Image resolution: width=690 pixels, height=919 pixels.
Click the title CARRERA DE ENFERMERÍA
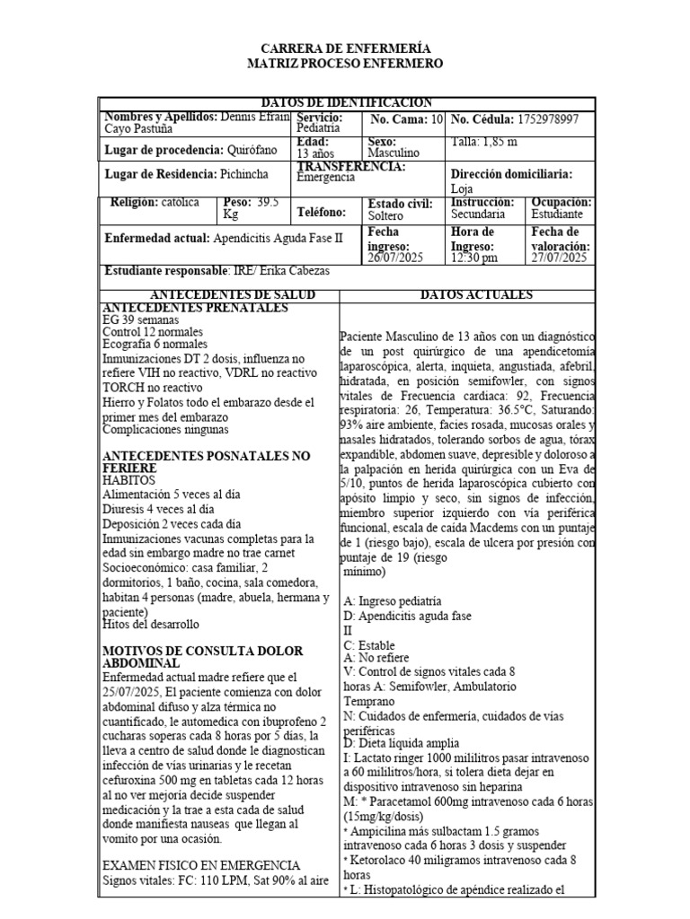345,48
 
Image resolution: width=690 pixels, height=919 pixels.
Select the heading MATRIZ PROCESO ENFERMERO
345,64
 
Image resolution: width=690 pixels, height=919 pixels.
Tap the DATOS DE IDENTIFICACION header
346,103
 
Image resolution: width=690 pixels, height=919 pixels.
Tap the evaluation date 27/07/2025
558,258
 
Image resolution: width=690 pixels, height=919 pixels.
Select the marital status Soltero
385,215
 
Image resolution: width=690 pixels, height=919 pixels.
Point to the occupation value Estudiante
557,214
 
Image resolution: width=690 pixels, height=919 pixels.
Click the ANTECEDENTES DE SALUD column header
219,295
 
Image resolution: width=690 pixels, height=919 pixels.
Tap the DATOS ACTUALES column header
476,295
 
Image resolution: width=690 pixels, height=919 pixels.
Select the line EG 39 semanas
141,319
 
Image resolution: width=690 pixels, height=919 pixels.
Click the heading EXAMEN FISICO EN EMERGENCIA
201,865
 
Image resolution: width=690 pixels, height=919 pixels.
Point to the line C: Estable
369,645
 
